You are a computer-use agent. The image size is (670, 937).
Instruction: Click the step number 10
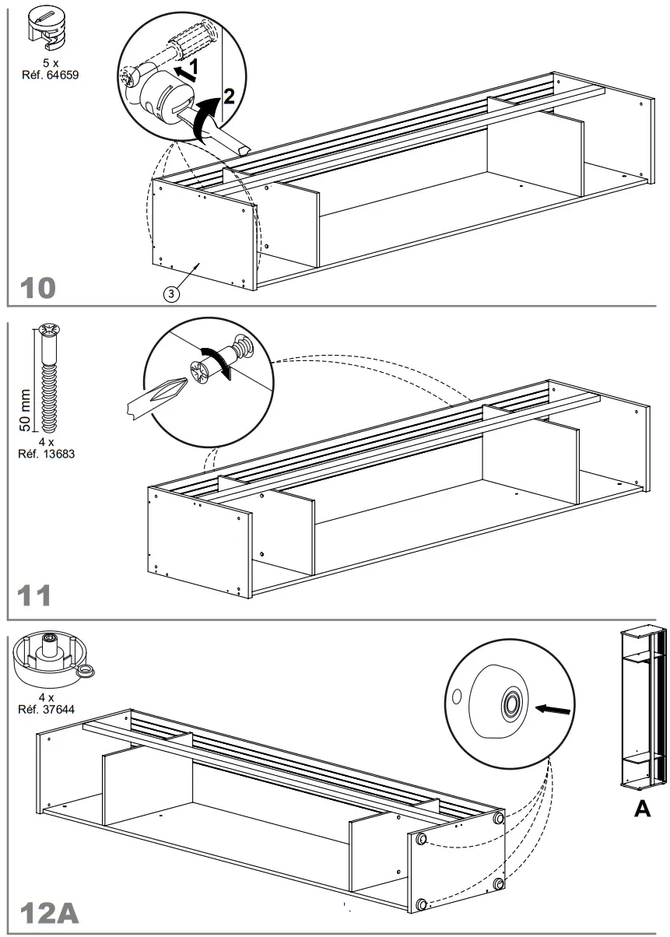(x=37, y=288)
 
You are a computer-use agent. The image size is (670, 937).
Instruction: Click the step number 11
(x=36, y=596)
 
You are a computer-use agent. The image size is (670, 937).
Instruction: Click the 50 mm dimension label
(x=26, y=410)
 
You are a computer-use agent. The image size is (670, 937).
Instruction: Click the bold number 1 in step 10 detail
(x=195, y=68)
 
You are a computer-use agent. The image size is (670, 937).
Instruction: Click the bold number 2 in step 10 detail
(x=228, y=97)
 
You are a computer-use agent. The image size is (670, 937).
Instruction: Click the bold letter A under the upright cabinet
(x=643, y=809)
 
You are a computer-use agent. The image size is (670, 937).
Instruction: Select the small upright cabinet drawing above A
(x=642, y=707)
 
